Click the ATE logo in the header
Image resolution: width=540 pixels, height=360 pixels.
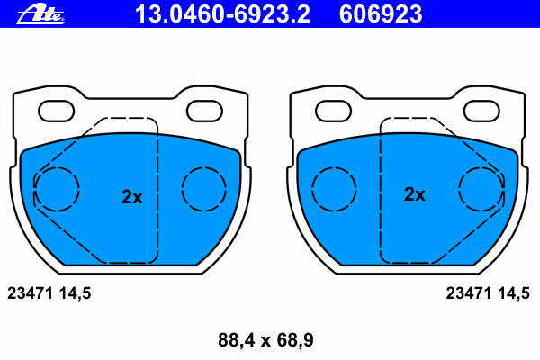(40, 14)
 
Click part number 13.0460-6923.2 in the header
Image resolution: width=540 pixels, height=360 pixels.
(222, 14)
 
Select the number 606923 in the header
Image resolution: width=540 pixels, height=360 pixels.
(380, 14)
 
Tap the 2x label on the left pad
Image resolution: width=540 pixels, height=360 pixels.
(132, 197)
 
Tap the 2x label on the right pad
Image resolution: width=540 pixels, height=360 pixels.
(415, 194)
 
